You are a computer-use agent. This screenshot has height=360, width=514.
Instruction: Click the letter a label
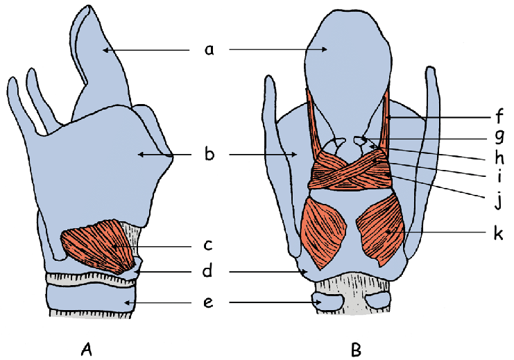tap(209, 50)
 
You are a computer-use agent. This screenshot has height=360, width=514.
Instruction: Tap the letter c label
tap(209, 245)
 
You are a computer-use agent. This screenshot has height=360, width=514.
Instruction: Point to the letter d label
tap(207, 270)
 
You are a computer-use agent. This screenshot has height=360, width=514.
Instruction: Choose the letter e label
tap(209, 302)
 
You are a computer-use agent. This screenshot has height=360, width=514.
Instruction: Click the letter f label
tap(499, 115)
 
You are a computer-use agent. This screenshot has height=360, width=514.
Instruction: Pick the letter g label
tap(499, 137)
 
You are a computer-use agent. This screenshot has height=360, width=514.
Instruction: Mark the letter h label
tap(499, 157)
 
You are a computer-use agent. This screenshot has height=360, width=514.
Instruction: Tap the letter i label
tap(499, 176)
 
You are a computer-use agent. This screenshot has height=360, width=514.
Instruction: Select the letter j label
tap(499, 199)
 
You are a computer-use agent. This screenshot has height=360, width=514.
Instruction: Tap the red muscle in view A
tap(98, 246)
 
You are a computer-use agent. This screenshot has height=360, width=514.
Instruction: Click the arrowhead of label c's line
tap(114, 246)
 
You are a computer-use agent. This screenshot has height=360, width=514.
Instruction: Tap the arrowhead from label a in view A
tap(105, 50)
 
